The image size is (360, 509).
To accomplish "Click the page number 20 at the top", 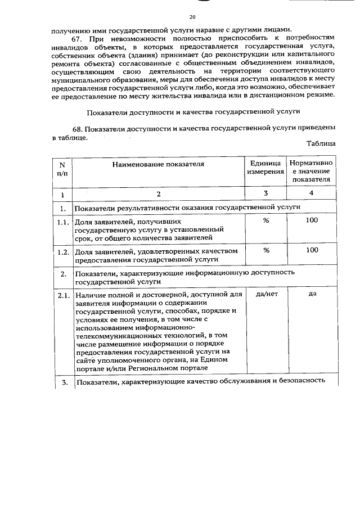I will (192, 17).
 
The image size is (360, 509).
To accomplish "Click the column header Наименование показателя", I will (158, 164).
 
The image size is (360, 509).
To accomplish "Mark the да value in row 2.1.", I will (311, 294).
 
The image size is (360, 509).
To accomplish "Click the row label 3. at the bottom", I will (64, 383).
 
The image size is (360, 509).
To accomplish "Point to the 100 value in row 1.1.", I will (311, 220).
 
